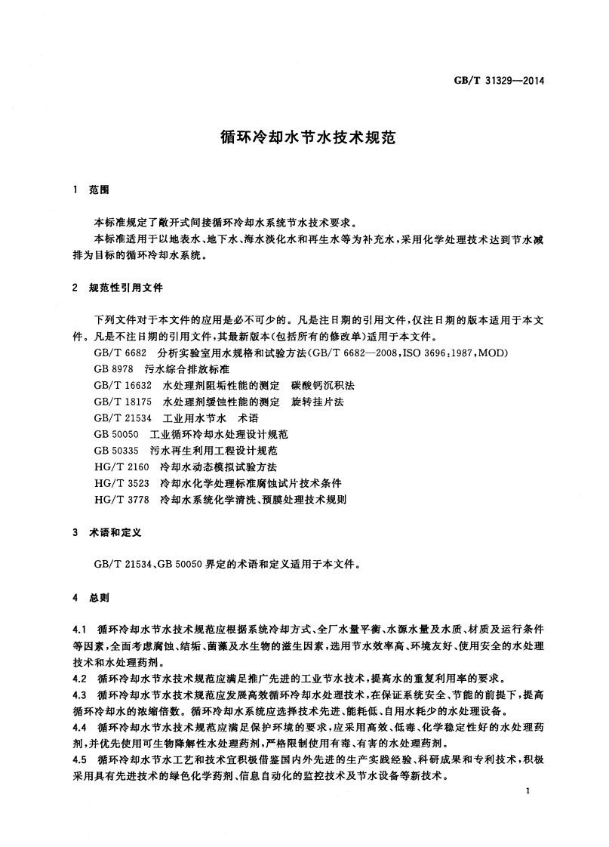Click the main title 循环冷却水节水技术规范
tap(303, 139)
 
